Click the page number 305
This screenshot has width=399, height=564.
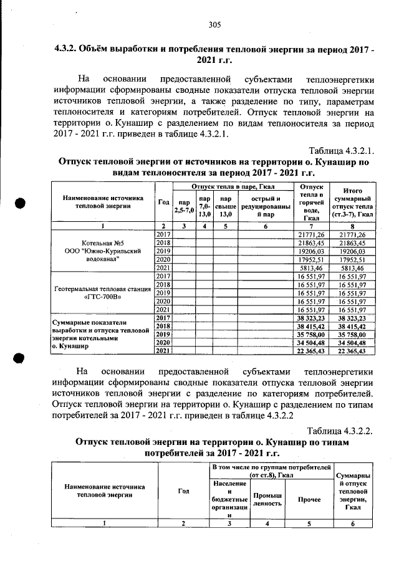tap(215, 25)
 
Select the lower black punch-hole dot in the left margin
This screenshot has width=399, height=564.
tap(20, 358)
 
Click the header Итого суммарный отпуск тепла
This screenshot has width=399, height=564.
tap(353, 202)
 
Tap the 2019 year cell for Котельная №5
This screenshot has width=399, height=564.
tap(163, 251)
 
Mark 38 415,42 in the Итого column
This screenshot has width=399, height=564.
tap(353, 326)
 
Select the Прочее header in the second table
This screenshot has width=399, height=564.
tap(309, 499)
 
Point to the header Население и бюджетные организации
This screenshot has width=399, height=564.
tap(229, 499)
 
